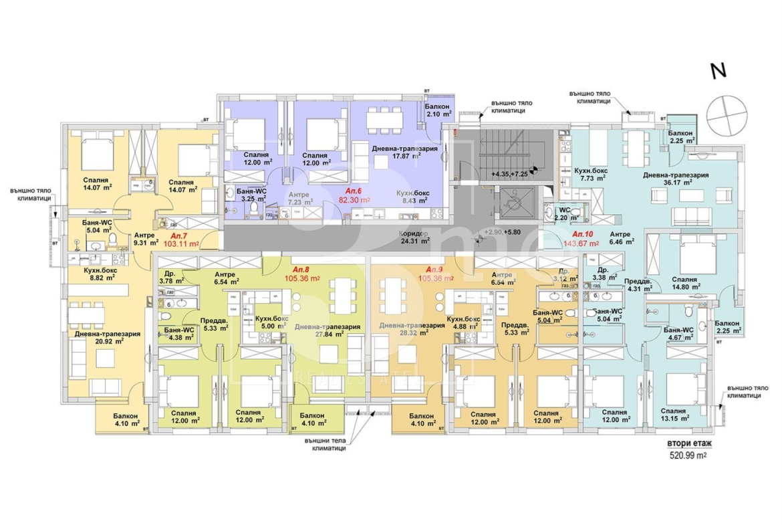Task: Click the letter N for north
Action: tap(719, 72)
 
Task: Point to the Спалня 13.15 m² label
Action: tap(676, 415)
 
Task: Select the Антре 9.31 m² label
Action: tap(144, 239)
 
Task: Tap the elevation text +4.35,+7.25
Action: tap(510, 173)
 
